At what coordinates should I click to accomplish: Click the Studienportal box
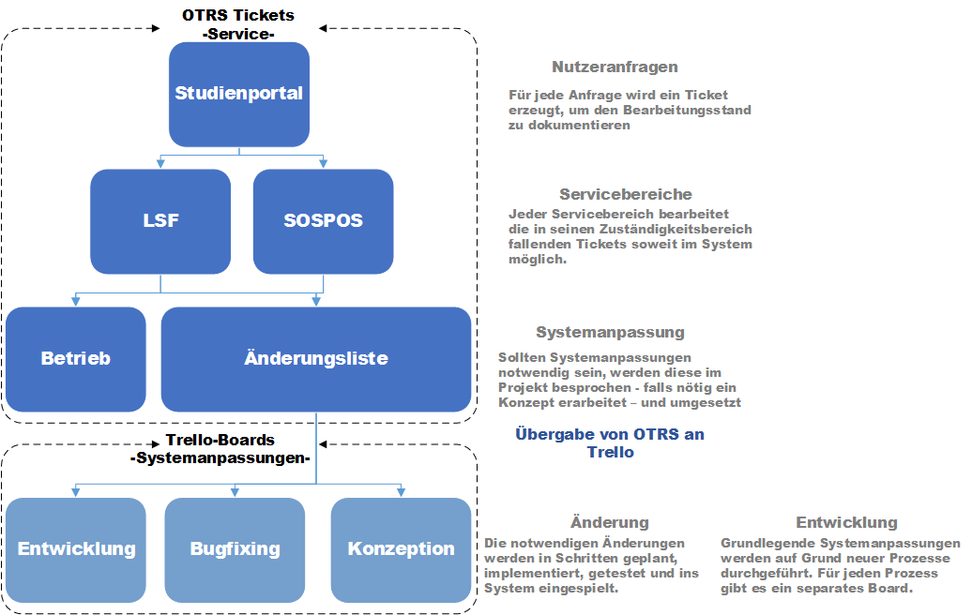(x=238, y=94)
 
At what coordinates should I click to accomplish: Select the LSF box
(x=160, y=221)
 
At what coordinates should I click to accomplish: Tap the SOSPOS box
(x=323, y=221)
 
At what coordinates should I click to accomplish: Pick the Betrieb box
(x=76, y=359)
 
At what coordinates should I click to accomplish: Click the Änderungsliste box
(x=315, y=359)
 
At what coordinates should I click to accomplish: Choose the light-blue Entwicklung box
(x=76, y=549)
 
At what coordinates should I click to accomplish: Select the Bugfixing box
(x=235, y=549)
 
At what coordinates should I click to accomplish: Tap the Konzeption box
(x=401, y=549)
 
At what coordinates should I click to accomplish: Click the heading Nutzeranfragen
(x=615, y=67)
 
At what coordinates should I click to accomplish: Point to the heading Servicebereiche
(x=626, y=195)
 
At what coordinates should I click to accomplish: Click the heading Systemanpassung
(x=610, y=333)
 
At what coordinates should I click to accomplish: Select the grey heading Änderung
(x=609, y=523)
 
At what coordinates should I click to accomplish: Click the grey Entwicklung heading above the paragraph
(x=846, y=523)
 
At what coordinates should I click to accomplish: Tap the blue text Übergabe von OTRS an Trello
(x=610, y=443)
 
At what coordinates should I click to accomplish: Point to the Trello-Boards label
(x=220, y=440)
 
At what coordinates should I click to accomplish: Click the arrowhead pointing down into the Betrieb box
(x=76, y=302)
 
